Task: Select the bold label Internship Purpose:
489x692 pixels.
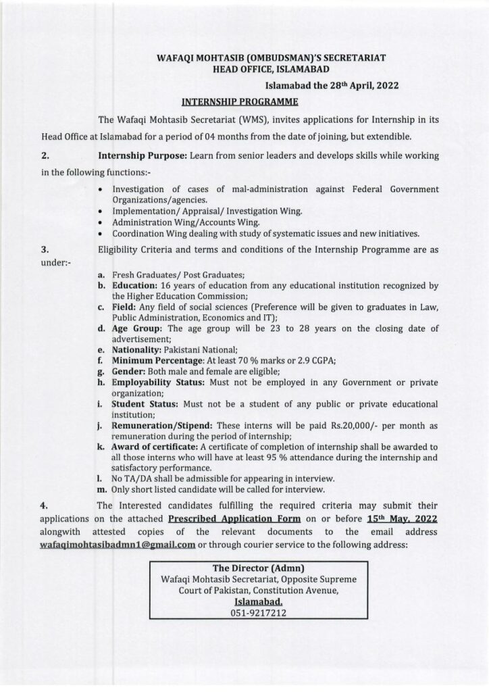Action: pos(143,155)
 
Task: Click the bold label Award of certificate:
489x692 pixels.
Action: pos(153,448)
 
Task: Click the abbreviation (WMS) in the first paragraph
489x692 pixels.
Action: pos(255,119)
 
